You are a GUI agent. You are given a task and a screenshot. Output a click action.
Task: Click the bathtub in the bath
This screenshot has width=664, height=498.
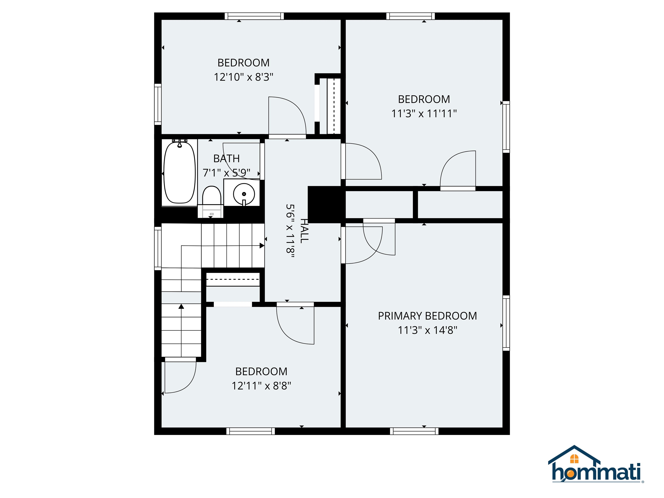[179, 173]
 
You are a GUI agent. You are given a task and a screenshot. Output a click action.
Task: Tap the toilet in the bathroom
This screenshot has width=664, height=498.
[211, 201]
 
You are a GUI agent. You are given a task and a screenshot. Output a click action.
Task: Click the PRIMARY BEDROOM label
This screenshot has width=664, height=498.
[427, 316]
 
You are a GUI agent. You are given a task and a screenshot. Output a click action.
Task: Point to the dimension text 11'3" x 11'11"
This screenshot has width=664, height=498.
[424, 113]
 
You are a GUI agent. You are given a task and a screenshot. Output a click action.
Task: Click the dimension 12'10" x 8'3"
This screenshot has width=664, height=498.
[243, 77]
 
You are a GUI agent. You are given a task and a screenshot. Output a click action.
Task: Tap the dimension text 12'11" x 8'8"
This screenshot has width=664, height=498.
[261, 385]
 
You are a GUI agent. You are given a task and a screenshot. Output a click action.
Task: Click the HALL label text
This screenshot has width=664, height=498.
[304, 231]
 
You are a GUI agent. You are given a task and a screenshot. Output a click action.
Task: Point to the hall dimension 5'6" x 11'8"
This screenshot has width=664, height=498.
[290, 231]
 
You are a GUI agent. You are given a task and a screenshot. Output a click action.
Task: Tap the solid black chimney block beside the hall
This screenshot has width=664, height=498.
[325, 204]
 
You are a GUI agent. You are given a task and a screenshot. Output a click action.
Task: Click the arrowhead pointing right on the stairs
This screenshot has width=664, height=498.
[262, 246]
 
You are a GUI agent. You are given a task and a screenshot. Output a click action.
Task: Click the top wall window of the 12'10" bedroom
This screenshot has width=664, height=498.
[254, 16]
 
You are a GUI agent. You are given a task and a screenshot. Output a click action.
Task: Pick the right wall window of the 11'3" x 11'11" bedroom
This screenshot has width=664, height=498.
[506, 127]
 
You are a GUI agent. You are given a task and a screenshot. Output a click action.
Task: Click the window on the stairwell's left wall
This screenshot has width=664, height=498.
[158, 248]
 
